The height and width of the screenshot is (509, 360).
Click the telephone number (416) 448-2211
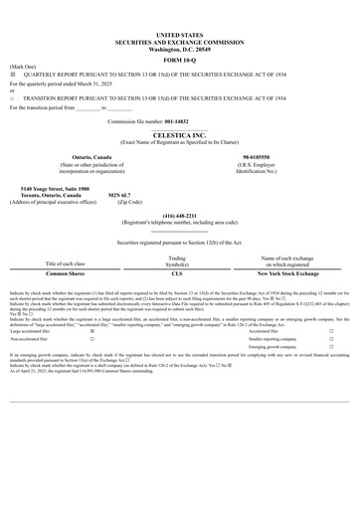[x=179, y=216]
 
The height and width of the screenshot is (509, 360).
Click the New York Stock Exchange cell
[x=287, y=272]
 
